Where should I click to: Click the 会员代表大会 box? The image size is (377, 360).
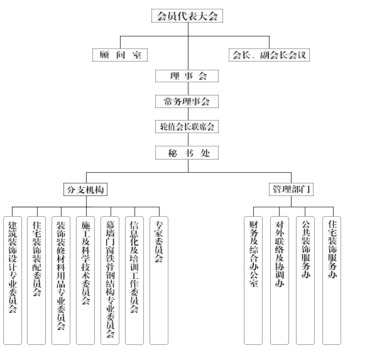tap(187, 16)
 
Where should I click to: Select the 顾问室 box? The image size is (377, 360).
tap(119, 55)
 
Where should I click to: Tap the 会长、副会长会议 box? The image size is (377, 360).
tap(269, 55)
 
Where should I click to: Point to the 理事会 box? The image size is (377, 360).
tap(188, 76)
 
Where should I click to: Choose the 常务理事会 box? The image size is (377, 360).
tap(187, 101)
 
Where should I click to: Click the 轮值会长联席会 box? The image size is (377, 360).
tap(187, 127)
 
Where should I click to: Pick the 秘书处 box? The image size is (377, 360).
tap(187, 153)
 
